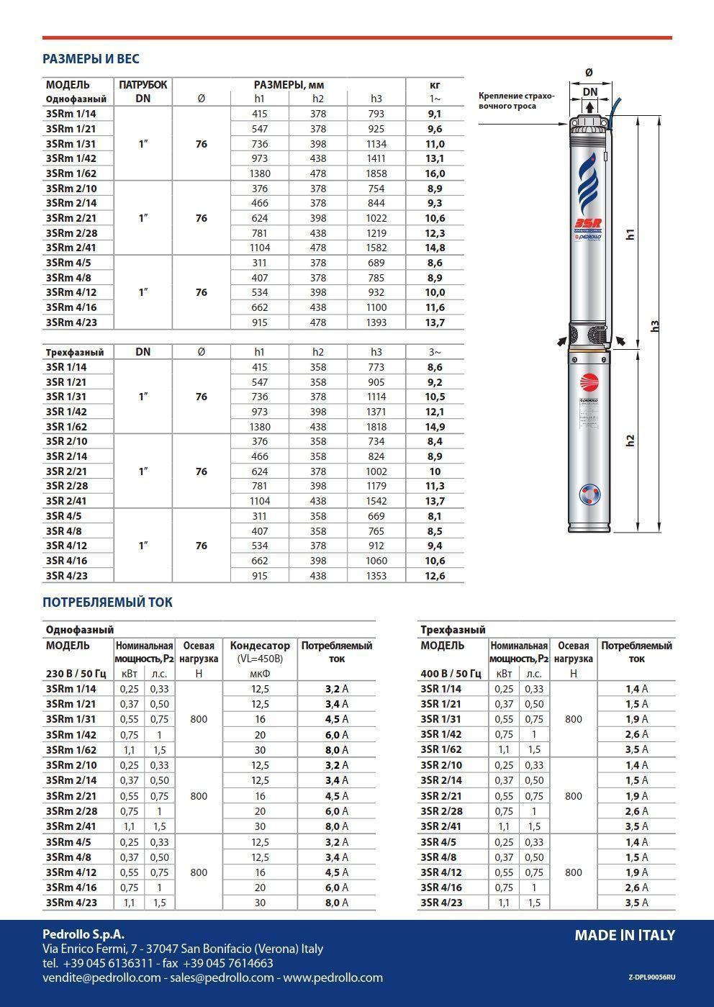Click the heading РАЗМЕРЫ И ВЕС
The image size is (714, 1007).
(x=91, y=59)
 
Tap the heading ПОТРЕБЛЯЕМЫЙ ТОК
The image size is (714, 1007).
(x=107, y=602)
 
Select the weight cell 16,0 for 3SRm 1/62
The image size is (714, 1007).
(x=435, y=173)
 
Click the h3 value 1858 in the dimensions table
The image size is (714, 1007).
(x=376, y=173)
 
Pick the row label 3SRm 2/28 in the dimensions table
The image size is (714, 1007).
(x=71, y=233)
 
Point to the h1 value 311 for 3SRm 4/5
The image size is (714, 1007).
(x=259, y=263)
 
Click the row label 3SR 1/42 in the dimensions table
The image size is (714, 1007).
(x=65, y=412)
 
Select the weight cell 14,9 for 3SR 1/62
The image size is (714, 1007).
(x=435, y=427)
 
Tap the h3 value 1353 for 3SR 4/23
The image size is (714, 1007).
(x=376, y=576)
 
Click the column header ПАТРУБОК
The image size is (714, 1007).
(x=143, y=84)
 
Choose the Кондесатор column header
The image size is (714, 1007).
(x=260, y=646)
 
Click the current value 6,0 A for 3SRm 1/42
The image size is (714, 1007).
(x=335, y=735)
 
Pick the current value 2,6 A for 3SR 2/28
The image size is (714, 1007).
(x=636, y=811)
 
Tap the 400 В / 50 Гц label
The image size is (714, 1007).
(x=450, y=674)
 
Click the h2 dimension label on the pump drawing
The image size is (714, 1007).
(x=631, y=440)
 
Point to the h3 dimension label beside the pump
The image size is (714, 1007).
(x=654, y=326)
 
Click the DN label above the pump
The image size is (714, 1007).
(x=590, y=91)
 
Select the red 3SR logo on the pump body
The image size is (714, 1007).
(x=589, y=223)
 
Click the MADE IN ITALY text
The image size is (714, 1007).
(x=624, y=935)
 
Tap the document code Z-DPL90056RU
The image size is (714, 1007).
(x=651, y=977)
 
